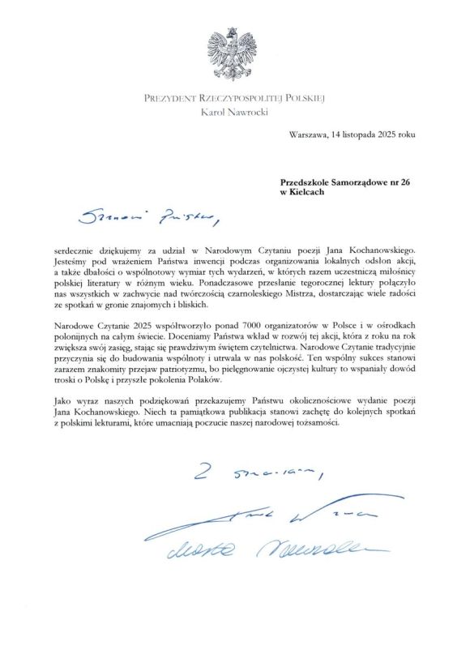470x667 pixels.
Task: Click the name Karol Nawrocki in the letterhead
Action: (234, 112)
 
